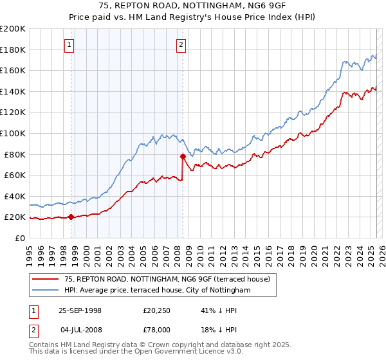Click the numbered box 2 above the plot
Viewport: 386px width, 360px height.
click(181, 45)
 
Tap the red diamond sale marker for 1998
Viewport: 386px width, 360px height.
click(71, 217)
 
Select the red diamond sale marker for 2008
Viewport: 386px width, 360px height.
click(183, 156)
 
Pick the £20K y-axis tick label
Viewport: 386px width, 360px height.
click(15, 217)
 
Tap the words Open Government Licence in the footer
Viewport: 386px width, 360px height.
click(190, 353)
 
